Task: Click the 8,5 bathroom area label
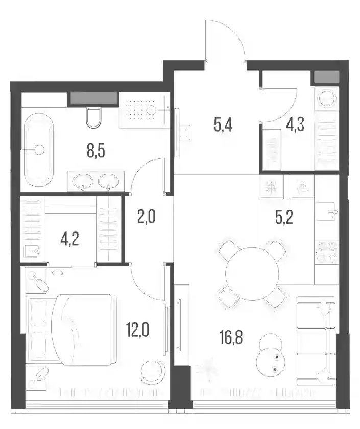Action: [96, 152]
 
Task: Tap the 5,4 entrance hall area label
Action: [223, 125]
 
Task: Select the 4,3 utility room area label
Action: [295, 125]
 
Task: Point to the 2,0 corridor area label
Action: [147, 217]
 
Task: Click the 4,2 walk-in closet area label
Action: [69, 240]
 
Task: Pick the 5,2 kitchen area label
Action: [284, 218]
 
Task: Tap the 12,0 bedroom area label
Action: [137, 330]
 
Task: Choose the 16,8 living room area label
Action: [231, 337]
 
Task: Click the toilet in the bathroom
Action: [93, 117]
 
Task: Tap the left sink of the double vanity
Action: [83, 181]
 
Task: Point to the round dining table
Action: [252, 274]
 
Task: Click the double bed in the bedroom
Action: [71, 330]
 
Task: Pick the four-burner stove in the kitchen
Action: [327, 251]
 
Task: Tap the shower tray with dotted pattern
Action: [142, 110]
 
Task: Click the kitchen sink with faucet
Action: [327, 212]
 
